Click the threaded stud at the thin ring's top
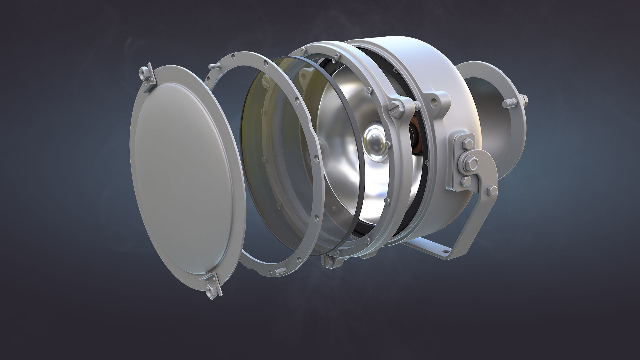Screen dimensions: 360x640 (214, 66)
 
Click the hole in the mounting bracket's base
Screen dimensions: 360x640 (445, 250)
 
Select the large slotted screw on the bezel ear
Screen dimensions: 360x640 (396, 106)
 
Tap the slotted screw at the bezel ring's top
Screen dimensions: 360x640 (337, 55)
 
